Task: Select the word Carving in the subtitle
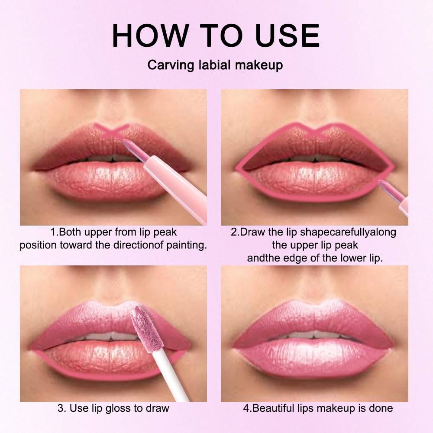[168, 65]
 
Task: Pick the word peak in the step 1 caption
[165, 232]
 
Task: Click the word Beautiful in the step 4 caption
[276, 408]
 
